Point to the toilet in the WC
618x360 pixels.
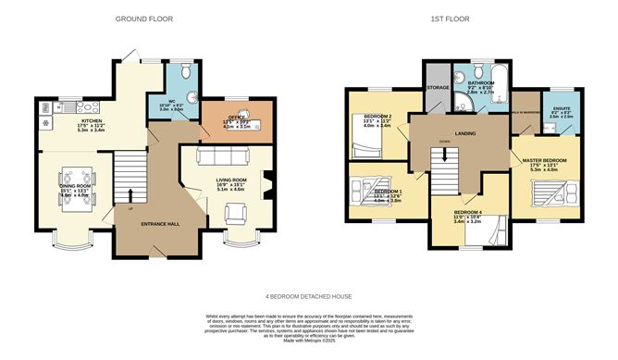click(x=186, y=71)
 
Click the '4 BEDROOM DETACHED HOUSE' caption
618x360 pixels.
click(x=309, y=296)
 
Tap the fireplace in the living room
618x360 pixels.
click(x=267, y=186)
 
